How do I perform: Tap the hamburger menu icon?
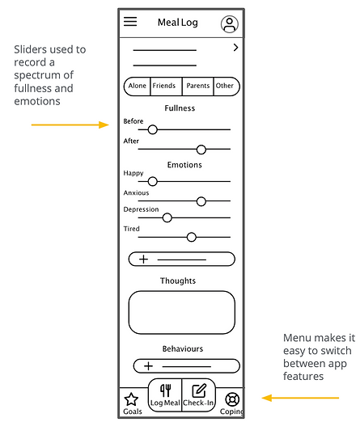[130, 22]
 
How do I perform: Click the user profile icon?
[230, 24]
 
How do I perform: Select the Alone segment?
[137, 87]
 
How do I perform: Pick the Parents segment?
[198, 87]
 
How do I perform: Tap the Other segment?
[227, 87]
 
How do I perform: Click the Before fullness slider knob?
[153, 129]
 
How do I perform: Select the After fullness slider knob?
[201, 150]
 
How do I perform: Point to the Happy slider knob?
[153, 181]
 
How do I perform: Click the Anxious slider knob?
[201, 201]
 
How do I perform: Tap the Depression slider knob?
[167, 217]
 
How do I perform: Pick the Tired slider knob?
[192, 237]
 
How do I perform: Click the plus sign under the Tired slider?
[144, 260]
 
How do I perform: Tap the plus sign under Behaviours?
[149, 366]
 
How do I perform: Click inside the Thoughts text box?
[182, 312]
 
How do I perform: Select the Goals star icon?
[131, 399]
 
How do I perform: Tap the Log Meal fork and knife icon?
[166, 390]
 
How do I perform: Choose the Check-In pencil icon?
[199, 390]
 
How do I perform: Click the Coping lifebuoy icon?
[232, 399]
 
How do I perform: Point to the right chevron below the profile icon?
[236, 48]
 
